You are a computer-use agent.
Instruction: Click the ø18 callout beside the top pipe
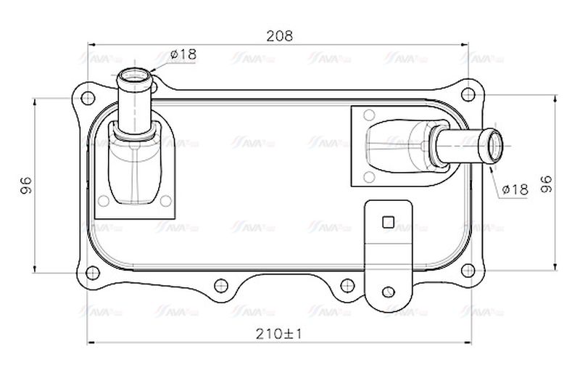pos(183,54)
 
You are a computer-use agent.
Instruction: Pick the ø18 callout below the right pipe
pos(515,189)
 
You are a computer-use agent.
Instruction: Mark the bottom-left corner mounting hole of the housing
pos(91,273)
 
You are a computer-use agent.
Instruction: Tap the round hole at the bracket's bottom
pos(389,292)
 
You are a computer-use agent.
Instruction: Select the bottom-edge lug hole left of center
pos(220,284)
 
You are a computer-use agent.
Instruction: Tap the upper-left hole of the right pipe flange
pos(368,114)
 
